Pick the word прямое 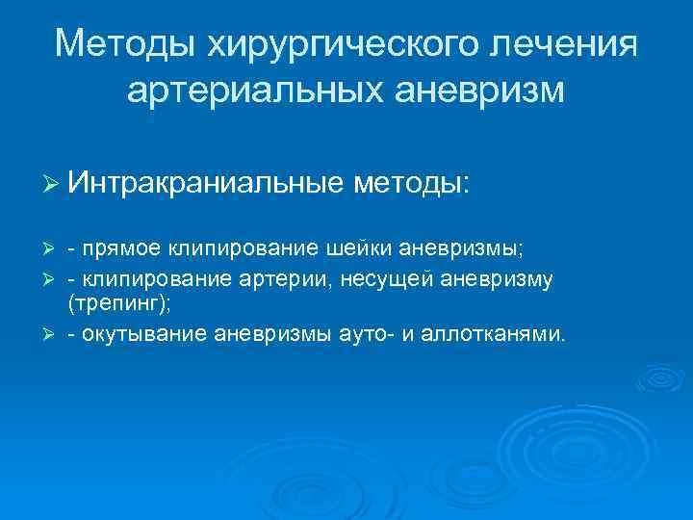point(122,248)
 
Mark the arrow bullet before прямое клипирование point(52,248)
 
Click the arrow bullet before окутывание point(52,334)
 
